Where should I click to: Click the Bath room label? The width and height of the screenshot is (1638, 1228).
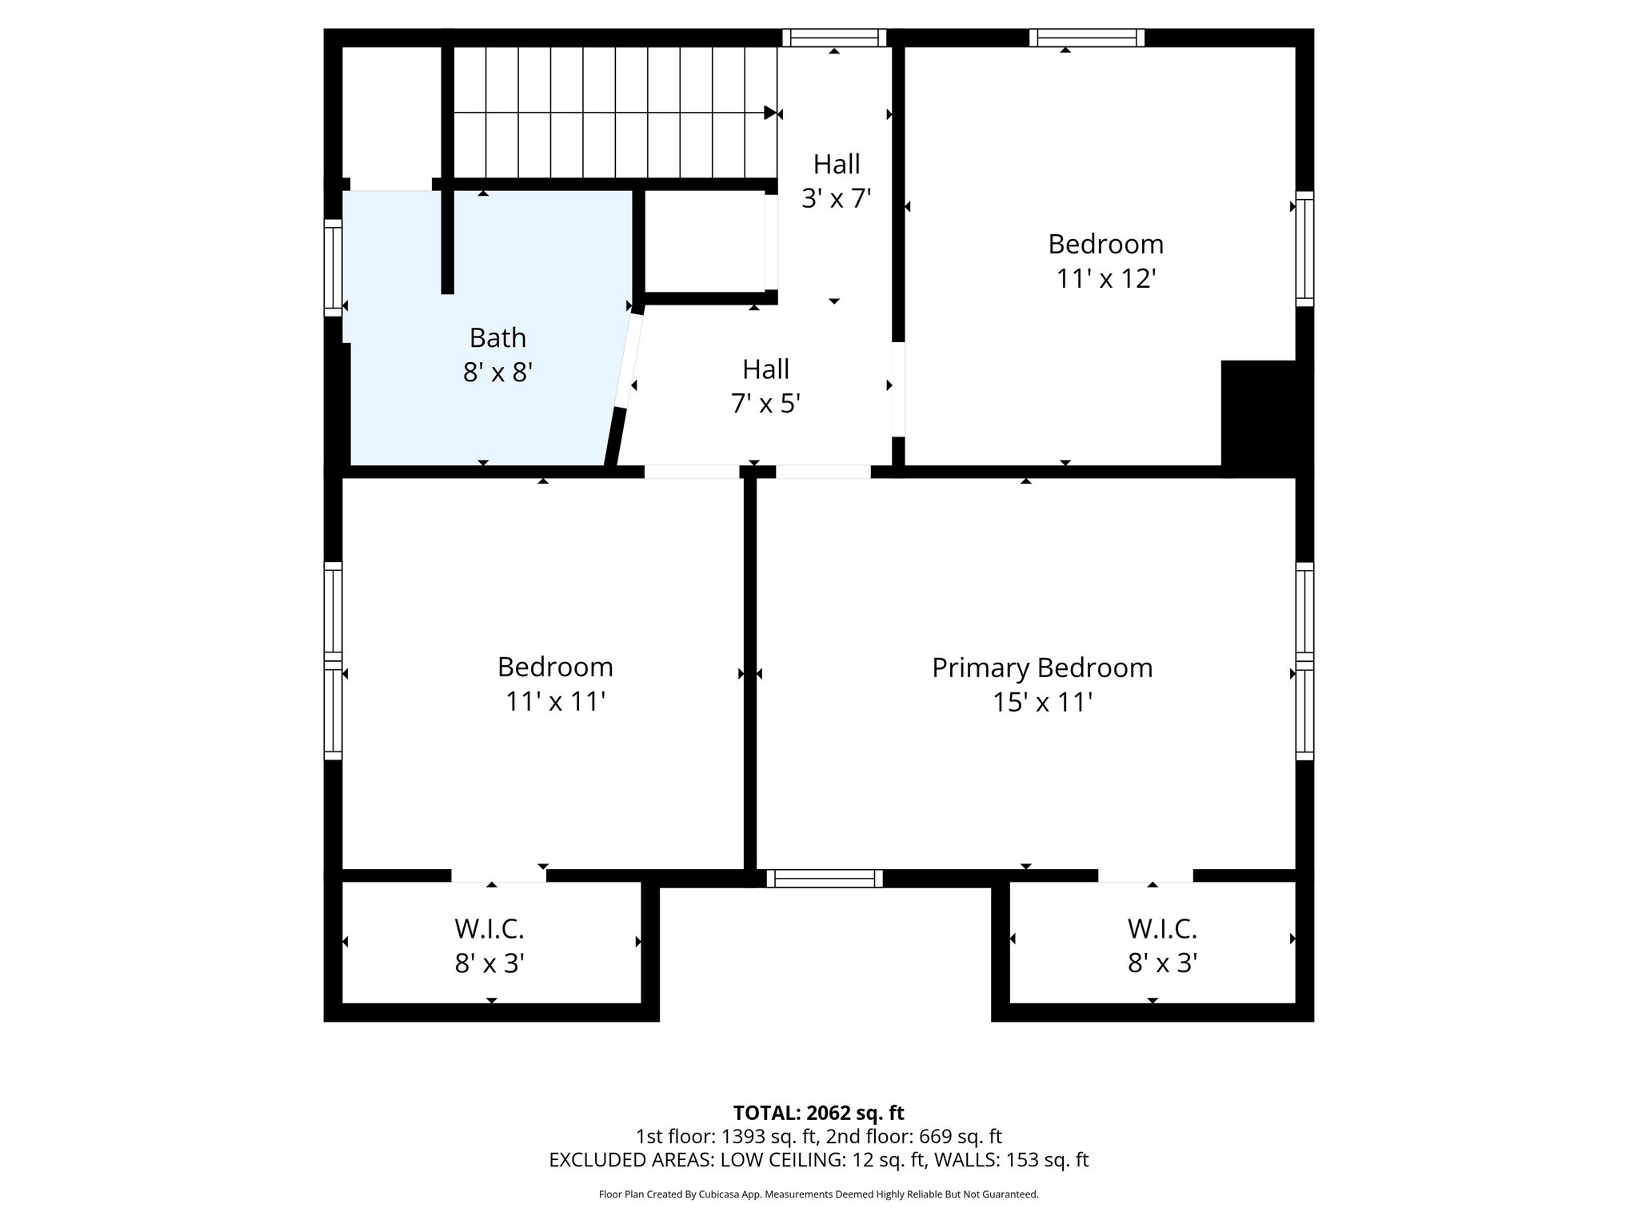(x=497, y=338)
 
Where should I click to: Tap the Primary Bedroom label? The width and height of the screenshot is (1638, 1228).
(x=1041, y=668)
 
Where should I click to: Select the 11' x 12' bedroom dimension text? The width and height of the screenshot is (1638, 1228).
(x=1105, y=279)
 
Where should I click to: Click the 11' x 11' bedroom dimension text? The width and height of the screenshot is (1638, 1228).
(x=554, y=702)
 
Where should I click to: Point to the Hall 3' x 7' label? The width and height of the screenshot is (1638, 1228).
(x=836, y=181)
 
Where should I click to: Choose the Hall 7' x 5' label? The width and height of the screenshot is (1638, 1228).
(x=765, y=386)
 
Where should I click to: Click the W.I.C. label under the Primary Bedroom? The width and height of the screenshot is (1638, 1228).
(x=1161, y=929)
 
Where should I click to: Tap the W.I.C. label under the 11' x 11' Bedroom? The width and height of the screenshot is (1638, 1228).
(x=489, y=929)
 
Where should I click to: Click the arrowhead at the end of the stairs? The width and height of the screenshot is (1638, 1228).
(x=770, y=113)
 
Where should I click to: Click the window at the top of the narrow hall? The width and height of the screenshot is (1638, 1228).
(x=834, y=38)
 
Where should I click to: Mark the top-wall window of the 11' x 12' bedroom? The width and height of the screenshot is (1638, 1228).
(x=1086, y=38)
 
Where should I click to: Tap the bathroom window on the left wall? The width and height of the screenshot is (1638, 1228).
(x=333, y=267)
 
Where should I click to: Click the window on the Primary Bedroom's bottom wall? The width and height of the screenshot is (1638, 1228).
(x=824, y=879)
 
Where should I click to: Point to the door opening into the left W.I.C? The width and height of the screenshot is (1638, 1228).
(x=498, y=876)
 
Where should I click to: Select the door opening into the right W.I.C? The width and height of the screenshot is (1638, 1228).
(x=1145, y=876)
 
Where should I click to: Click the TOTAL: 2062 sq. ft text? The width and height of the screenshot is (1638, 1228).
(x=818, y=1113)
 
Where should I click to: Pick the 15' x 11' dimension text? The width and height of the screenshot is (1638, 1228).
(x=1041, y=703)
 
